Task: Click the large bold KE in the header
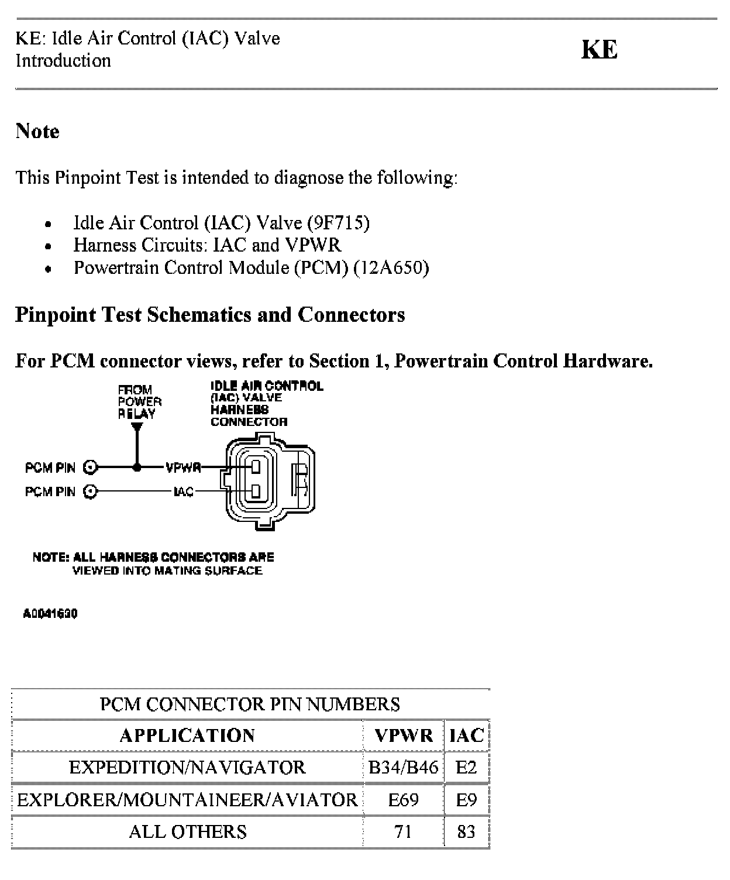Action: click(x=599, y=50)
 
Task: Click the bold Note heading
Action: click(x=37, y=131)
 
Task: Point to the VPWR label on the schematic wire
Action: click(x=183, y=467)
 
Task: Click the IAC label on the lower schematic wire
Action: click(x=184, y=491)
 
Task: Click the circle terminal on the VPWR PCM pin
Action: click(x=90, y=467)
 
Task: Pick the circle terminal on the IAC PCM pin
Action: click(x=90, y=491)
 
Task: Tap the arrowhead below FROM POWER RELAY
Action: click(x=137, y=428)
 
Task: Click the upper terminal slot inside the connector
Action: click(x=256, y=467)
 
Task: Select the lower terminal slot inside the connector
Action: click(x=256, y=490)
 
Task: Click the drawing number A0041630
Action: click(x=50, y=614)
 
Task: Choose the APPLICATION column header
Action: click(x=187, y=735)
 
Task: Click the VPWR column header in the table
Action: click(x=404, y=735)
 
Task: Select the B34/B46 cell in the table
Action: click(x=404, y=767)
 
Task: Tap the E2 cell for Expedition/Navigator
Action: click(x=466, y=767)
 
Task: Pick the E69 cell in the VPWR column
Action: click(x=404, y=800)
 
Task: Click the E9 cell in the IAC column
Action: click(x=466, y=800)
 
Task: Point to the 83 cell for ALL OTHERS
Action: click(x=466, y=831)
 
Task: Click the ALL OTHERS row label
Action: click(x=187, y=831)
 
